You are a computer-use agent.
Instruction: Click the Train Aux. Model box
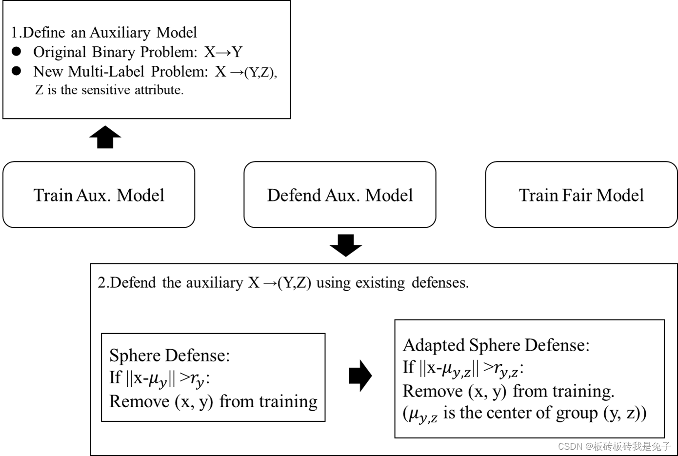99,195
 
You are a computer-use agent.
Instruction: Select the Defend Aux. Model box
339,195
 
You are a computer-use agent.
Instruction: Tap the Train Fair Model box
581,195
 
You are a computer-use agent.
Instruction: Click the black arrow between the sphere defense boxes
360,376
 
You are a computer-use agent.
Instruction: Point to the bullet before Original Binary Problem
17,51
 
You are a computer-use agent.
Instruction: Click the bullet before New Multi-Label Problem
17,71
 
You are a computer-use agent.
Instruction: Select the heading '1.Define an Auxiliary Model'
104,32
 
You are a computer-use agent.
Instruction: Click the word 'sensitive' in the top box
106,90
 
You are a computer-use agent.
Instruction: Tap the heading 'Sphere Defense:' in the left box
169,355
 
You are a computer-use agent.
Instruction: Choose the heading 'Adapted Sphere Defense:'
496,345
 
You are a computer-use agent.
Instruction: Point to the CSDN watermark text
614,446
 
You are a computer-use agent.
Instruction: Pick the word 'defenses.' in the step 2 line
440,283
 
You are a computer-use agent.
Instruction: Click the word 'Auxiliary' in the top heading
120,32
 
